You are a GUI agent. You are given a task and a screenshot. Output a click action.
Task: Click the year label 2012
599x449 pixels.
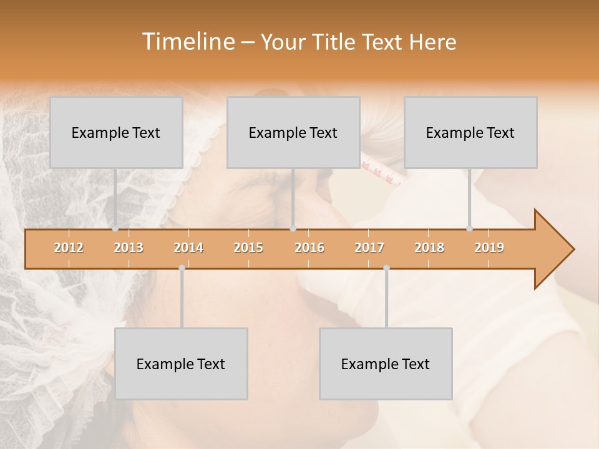coord(69,248)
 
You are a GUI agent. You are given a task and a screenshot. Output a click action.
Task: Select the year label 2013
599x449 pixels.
coord(129,248)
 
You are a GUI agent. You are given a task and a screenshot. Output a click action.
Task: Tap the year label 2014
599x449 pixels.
coord(188,248)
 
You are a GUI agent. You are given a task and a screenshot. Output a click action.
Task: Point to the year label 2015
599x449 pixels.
coord(248,248)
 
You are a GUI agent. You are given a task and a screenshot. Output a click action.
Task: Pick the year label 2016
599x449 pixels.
coord(309,248)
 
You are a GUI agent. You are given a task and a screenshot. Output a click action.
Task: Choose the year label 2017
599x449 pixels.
coord(369,248)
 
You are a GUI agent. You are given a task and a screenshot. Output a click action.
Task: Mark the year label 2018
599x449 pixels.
coord(429,248)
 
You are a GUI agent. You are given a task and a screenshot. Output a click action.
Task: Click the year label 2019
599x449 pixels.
coord(489,248)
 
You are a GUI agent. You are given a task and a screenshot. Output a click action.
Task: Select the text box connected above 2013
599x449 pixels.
coord(116,132)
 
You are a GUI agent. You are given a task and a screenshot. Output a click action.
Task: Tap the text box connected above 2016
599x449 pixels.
coord(293,132)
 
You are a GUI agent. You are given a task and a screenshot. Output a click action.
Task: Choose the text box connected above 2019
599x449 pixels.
coord(470,132)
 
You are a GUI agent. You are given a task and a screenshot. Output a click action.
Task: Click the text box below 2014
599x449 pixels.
coord(181,364)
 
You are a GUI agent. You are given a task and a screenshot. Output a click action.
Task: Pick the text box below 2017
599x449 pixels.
coord(386,364)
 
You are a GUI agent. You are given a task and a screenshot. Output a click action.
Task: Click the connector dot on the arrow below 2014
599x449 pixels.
coord(182,268)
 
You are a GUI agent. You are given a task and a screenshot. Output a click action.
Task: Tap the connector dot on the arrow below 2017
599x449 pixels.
coord(386,268)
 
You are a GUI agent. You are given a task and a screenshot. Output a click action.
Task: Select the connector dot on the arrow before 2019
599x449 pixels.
coord(469,229)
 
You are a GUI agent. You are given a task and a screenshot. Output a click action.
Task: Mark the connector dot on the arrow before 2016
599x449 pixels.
coord(293,229)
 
